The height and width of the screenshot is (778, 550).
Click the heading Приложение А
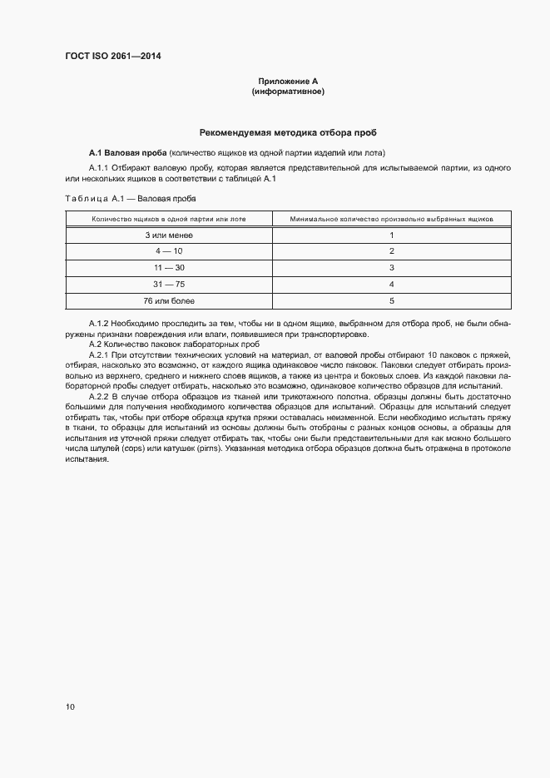[288, 81]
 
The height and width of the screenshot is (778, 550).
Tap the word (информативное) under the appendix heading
[288, 91]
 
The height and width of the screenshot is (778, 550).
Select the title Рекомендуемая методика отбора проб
[288, 132]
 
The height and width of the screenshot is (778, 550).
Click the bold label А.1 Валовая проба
[127, 152]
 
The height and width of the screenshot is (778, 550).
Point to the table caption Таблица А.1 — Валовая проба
[131, 199]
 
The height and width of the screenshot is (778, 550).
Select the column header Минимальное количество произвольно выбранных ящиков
[391, 219]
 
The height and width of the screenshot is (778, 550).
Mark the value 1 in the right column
[391, 235]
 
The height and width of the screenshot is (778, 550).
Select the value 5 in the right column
[391, 300]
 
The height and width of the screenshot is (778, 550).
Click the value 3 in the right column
[391, 268]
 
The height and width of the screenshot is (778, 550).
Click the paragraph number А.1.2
[99, 321]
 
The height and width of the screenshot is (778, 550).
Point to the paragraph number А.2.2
[99, 397]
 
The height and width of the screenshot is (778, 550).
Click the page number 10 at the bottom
[70, 707]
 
